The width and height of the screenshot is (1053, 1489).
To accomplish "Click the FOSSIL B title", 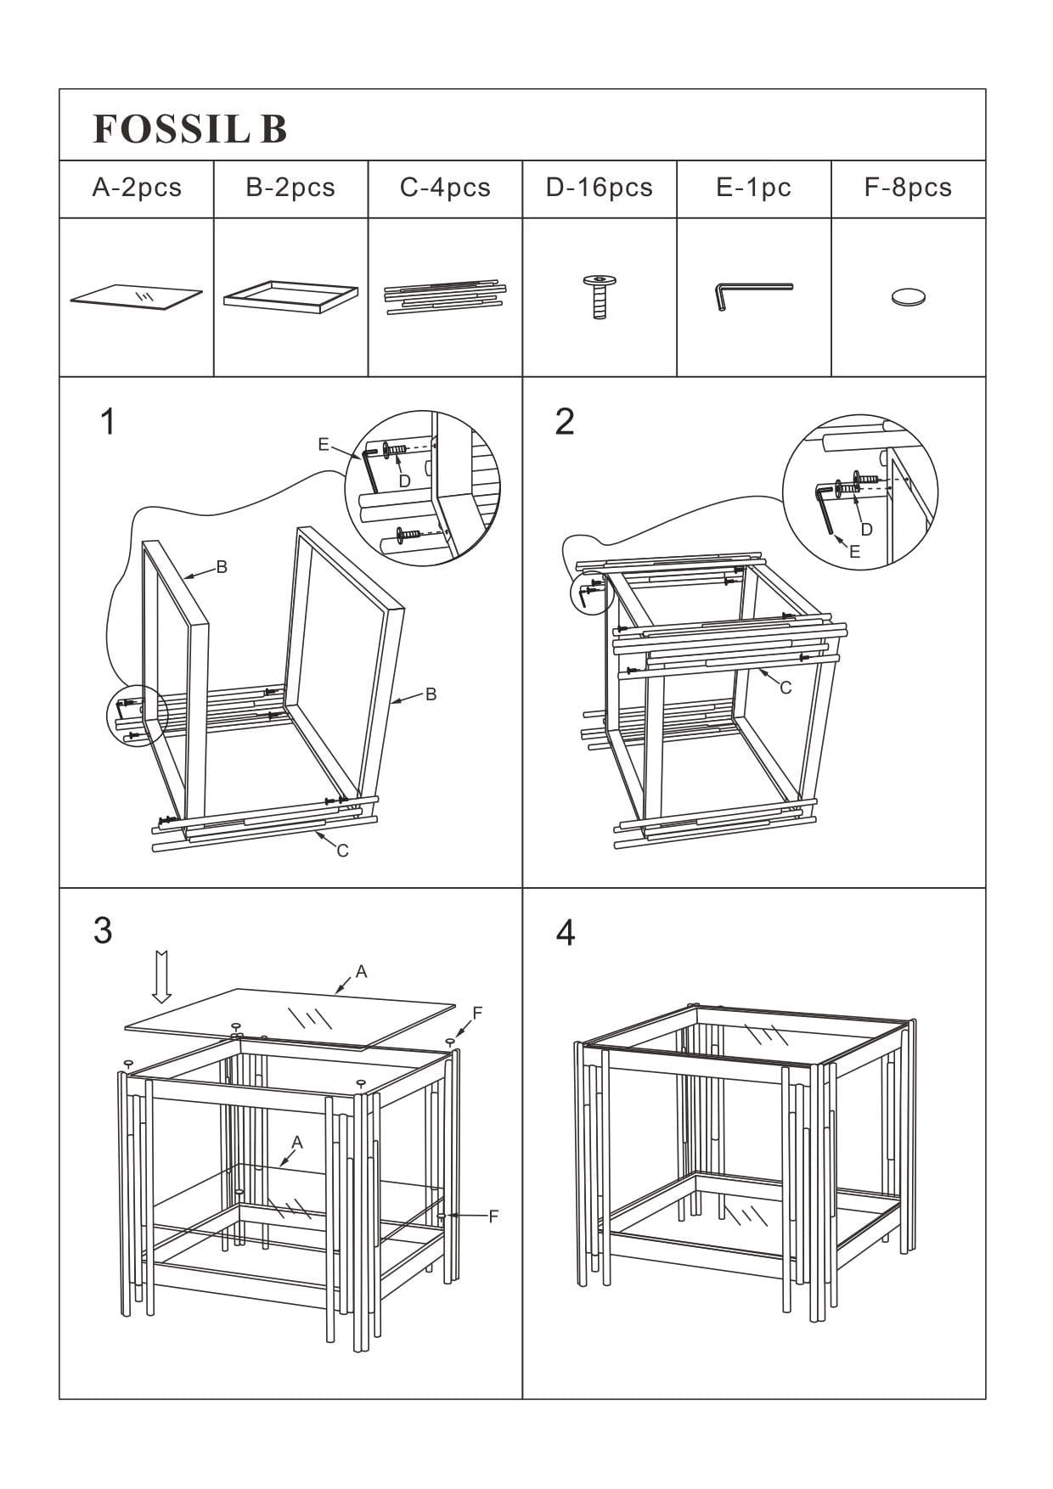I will click(x=189, y=129).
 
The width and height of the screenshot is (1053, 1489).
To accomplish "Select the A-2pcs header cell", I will click(x=137, y=188).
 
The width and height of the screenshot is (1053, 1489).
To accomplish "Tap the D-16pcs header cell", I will click(x=599, y=188).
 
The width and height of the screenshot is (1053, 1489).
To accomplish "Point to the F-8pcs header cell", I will click(x=908, y=188).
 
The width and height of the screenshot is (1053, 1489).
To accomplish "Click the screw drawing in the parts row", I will click(x=600, y=296).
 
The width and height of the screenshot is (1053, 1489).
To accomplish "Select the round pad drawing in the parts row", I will click(x=908, y=297).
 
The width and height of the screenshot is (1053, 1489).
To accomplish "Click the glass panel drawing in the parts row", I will click(x=137, y=297).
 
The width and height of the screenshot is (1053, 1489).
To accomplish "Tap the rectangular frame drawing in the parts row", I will click(x=290, y=296).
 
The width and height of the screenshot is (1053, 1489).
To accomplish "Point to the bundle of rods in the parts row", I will click(x=445, y=297).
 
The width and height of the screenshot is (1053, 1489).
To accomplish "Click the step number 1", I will click(x=107, y=422).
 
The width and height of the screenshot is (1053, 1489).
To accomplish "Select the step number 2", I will click(x=565, y=422).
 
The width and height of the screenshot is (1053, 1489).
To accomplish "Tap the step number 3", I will click(x=103, y=931).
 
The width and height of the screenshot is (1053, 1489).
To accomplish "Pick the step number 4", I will click(x=565, y=933).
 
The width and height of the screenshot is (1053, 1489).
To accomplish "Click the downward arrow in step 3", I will click(x=161, y=977).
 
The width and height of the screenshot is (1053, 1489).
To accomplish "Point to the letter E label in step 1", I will click(x=323, y=445).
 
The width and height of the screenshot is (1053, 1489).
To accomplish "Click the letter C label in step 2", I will click(x=786, y=688).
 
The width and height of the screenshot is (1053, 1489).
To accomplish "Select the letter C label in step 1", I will click(x=342, y=851).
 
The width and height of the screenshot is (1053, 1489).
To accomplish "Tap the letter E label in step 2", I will click(x=854, y=552).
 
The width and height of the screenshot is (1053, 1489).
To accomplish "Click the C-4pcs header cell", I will click(x=445, y=188).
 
